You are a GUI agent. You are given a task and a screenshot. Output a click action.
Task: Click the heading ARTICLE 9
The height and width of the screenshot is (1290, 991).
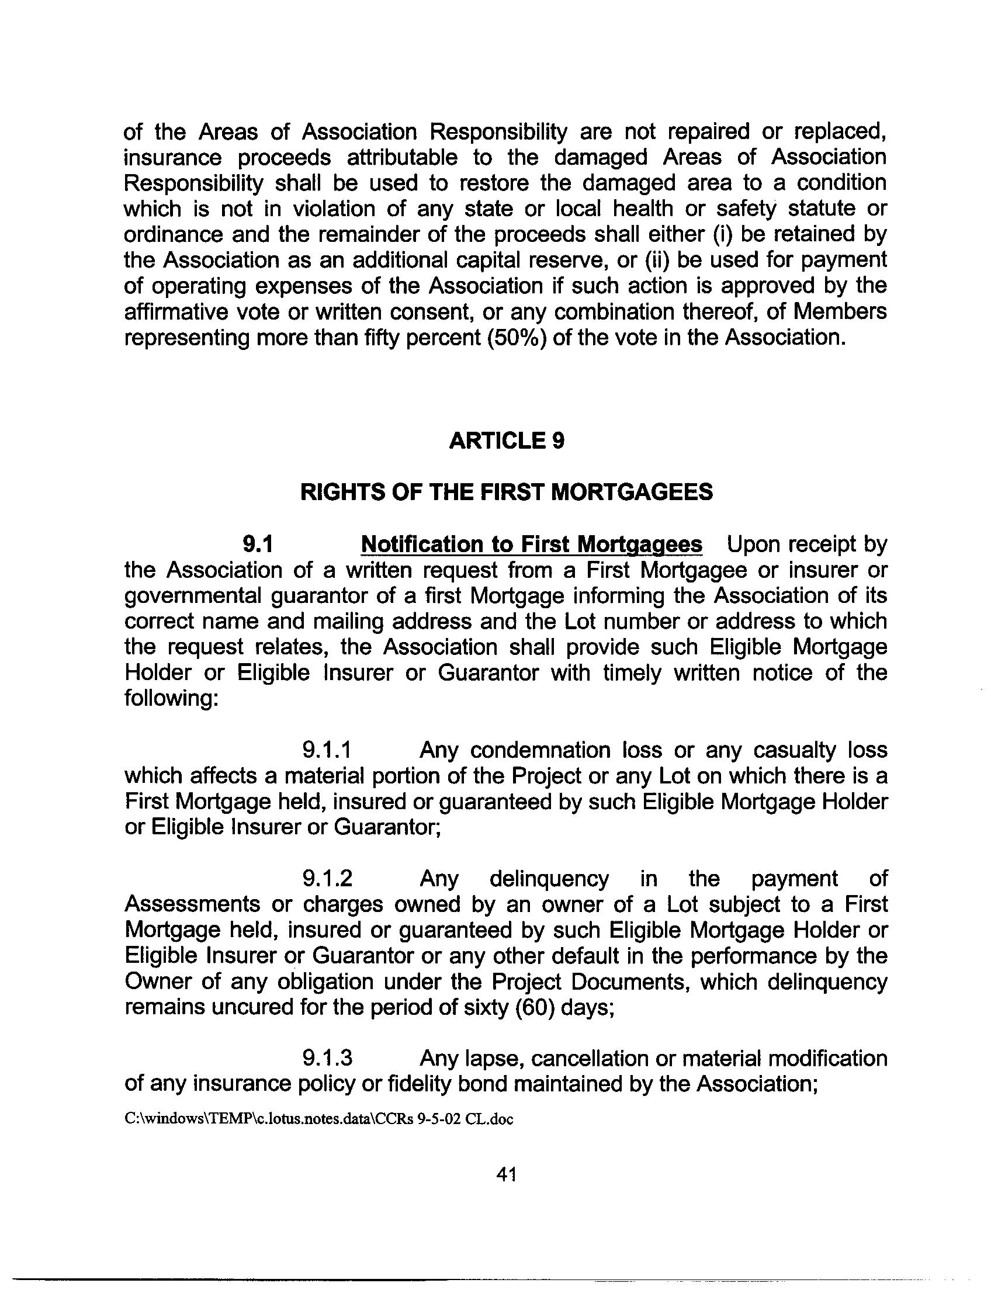(x=506, y=441)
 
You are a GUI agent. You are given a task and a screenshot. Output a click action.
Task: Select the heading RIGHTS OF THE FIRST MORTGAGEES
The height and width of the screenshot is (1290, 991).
(x=506, y=492)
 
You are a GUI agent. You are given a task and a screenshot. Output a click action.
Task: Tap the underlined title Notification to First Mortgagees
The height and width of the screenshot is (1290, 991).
(x=531, y=544)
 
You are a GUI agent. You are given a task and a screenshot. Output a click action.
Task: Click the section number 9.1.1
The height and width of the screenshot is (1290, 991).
(x=327, y=750)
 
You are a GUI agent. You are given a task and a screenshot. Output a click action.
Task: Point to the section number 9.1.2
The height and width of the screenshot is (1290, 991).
(x=327, y=879)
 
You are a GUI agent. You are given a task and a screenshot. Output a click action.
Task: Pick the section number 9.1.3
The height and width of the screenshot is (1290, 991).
(x=327, y=1058)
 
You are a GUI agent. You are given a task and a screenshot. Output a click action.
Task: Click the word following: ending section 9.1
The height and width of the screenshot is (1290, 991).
(x=171, y=699)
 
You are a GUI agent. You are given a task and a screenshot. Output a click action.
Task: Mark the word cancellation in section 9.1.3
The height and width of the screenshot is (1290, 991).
(x=587, y=1058)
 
